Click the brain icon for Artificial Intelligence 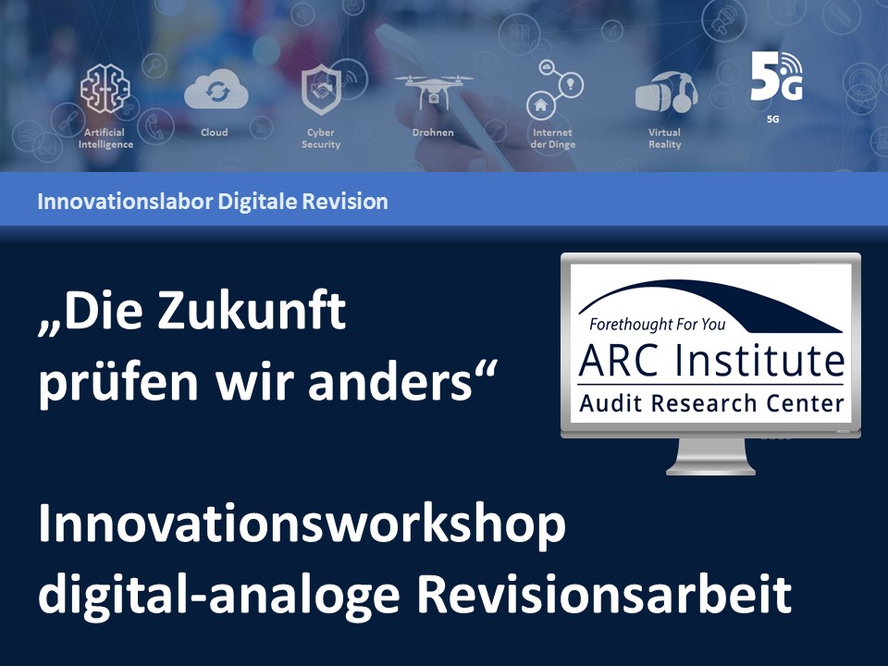(105, 88)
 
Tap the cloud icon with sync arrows (216, 90)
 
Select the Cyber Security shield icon (322, 90)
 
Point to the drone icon (433, 92)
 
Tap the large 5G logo (776, 77)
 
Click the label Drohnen (433, 132)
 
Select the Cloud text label (214, 132)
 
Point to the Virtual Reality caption (665, 138)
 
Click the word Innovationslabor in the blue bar (125, 201)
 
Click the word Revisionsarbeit (604, 594)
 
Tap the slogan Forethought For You (657, 324)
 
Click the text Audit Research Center (711, 403)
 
